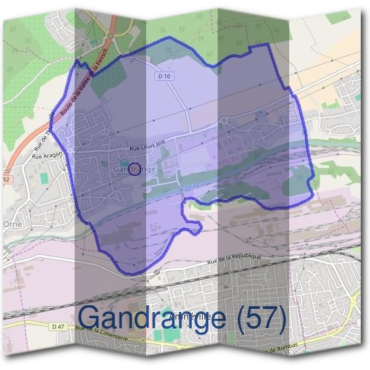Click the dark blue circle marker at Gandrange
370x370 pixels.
tap(134, 169)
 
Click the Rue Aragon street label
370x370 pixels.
tap(47, 155)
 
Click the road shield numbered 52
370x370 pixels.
tap(6, 179)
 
